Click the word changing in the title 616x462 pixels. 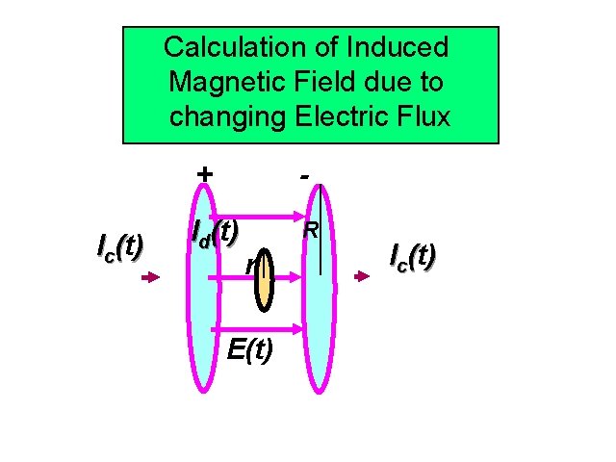click(225, 117)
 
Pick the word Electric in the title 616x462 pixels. click(343, 117)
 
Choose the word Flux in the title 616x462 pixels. click(423, 117)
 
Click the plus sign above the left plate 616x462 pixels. click(203, 173)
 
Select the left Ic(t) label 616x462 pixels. click(120, 247)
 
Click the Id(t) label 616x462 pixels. click(215, 232)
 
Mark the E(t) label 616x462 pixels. click(250, 349)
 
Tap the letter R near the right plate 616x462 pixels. click(311, 231)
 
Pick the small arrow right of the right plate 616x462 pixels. click(361, 277)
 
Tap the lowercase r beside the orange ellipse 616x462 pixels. click(249, 264)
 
